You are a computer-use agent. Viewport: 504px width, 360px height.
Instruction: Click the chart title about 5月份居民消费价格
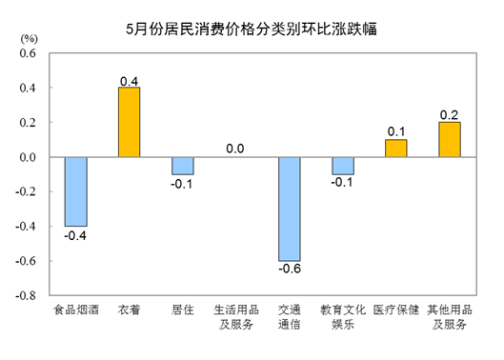252,28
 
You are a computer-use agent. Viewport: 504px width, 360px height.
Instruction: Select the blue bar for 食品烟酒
76,191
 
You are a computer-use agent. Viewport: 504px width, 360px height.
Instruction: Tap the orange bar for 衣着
130,123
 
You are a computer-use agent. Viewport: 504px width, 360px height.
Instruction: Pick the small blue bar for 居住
183,166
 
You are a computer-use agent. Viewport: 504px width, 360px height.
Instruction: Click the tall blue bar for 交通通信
289,209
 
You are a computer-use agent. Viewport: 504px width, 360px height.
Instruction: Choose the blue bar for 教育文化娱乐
343,166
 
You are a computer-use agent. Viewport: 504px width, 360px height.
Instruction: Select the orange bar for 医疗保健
396,149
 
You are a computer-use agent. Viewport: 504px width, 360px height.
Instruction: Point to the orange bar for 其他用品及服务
449,140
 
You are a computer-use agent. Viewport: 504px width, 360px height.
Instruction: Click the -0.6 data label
290,270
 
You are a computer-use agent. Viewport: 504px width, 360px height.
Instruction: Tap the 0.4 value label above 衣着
131,79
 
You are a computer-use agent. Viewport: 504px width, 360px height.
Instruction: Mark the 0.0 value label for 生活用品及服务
236,149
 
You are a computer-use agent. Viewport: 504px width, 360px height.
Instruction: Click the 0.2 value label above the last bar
450,114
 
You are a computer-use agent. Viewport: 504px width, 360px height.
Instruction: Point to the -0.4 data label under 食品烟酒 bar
76,235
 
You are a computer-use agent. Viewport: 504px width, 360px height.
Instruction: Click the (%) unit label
29,38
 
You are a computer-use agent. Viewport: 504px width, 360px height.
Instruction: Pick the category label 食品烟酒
76,310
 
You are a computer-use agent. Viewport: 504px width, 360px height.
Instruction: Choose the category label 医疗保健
396,310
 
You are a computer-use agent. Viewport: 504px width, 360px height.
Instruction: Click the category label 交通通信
290,317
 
